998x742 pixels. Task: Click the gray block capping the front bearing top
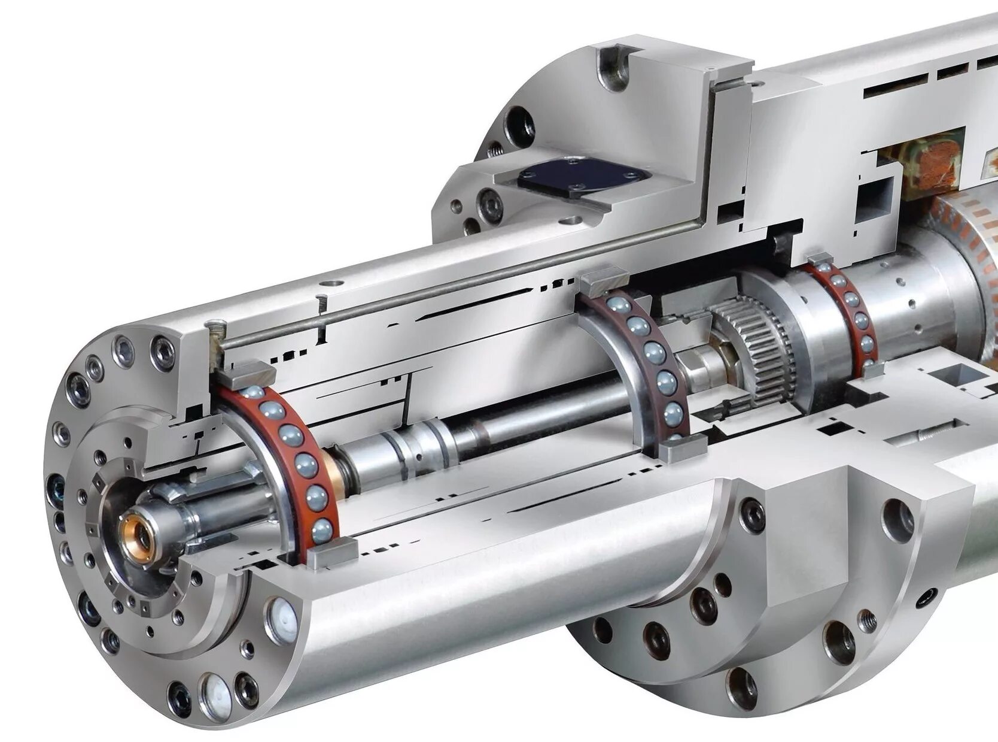245,375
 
